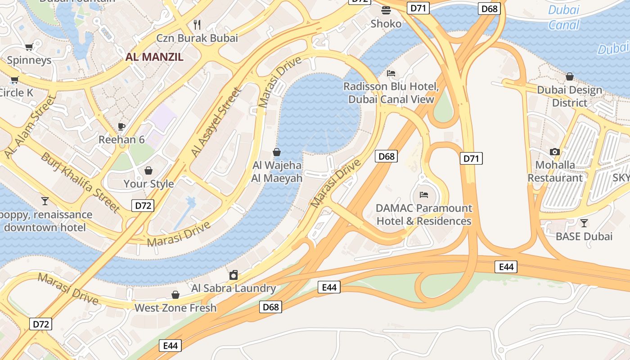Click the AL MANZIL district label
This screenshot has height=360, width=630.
click(154, 57)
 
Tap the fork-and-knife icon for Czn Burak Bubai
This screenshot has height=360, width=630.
click(197, 24)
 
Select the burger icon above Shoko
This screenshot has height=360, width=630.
click(386, 10)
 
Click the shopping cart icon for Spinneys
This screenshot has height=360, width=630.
click(29, 47)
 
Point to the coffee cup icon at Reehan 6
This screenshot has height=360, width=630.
click(121, 126)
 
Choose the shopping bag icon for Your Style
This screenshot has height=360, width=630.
click(148, 171)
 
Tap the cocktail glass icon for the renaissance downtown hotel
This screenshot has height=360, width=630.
click(45, 201)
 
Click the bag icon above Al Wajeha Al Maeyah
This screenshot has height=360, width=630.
click(277, 152)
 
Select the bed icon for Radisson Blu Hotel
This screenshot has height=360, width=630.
click(391, 73)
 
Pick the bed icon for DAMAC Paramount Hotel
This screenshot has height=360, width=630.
click(424, 195)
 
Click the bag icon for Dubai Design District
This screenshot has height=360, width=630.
click(570, 76)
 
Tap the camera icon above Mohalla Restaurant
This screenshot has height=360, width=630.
click(555, 152)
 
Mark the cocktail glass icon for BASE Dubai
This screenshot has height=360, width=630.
click(584, 223)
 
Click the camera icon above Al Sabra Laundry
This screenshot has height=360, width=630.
click(234, 275)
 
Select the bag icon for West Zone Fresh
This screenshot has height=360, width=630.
click(175, 295)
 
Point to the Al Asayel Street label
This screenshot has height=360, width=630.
click(216, 122)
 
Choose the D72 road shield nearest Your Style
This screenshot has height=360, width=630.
click(143, 206)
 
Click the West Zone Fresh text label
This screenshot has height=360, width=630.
click(175, 308)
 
